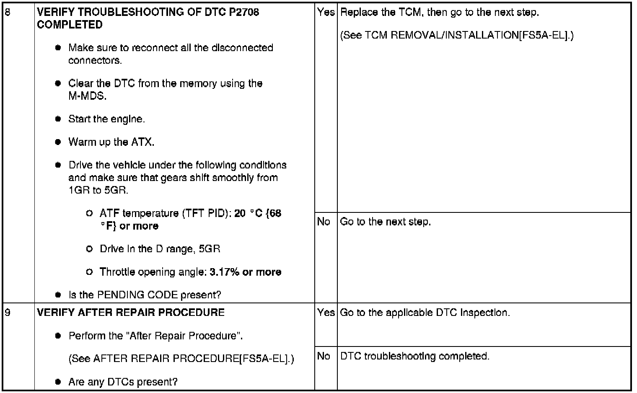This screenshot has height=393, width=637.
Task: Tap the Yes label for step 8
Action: (x=326, y=12)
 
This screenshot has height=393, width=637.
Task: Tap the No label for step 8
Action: (x=324, y=222)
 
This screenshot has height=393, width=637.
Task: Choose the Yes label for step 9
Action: (x=326, y=313)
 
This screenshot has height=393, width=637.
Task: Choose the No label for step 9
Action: (x=324, y=356)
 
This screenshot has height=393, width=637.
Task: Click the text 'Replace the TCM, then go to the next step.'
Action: (x=440, y=12)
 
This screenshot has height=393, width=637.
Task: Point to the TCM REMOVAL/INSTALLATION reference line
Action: (x=457, y=35)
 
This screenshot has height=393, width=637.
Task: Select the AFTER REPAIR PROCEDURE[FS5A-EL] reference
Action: (x=181, y=359)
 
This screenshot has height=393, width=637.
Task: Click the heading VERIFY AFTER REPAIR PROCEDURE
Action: (x=131, y=313)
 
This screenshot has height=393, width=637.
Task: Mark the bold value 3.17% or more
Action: (x=245, y=272)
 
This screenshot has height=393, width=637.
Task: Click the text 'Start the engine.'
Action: (x=106, y=119)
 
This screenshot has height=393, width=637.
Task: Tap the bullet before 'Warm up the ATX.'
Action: (x=58, y=142)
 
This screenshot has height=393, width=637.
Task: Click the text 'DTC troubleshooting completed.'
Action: (x=414, y=356)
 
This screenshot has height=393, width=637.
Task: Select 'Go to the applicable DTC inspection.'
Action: (x=425, y=313)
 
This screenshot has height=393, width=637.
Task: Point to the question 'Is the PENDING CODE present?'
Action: (x=145, y=295)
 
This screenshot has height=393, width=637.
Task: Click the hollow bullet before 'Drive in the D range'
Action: (x=89, y=249)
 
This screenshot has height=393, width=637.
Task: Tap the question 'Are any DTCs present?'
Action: (x=123, y=382)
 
